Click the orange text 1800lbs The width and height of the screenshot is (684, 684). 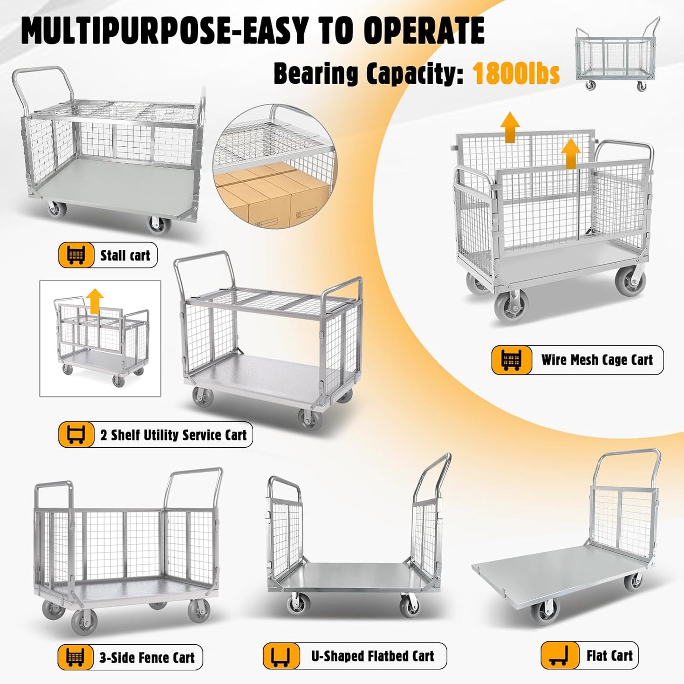coord(516,73)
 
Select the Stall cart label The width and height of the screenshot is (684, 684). coord(125,256)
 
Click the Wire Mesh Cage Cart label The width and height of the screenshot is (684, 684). coord(597,360)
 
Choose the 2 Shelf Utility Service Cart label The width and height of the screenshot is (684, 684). coord(173,435)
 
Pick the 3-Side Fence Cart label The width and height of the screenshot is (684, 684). coord(147,657)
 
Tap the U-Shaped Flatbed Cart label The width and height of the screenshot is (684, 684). coord(373,656)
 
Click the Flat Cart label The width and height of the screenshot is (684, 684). coord(609,656)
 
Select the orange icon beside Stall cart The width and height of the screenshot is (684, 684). coord(76,255)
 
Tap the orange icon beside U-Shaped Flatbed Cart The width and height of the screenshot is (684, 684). coord(281,657)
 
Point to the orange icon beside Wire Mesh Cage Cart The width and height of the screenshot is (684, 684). coord(511,360)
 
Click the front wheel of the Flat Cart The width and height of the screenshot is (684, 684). coord(544,611)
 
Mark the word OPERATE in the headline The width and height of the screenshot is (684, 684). coord(424,31)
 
